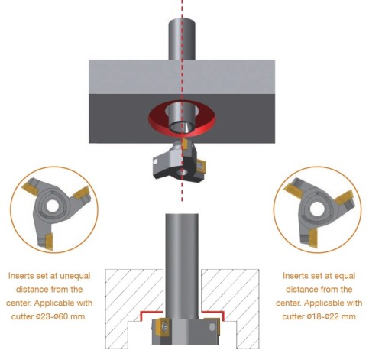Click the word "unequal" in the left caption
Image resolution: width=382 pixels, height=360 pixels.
pos(75,276)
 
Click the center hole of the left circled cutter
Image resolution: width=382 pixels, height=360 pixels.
pos(52,206)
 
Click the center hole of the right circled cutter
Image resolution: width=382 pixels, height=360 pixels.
pos(317,209)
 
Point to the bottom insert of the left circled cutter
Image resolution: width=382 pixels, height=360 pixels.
pos(48,241)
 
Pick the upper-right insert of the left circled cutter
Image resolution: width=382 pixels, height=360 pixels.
pos(82,193)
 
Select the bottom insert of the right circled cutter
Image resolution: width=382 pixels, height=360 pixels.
pos(313,238)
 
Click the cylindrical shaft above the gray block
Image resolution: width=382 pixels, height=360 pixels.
pos(182,39)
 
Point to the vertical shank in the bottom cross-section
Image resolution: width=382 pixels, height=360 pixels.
pos(182,266)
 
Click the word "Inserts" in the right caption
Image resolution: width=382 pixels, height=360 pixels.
pos(295,276)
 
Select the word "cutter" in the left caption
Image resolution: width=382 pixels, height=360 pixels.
pos(22,316)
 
